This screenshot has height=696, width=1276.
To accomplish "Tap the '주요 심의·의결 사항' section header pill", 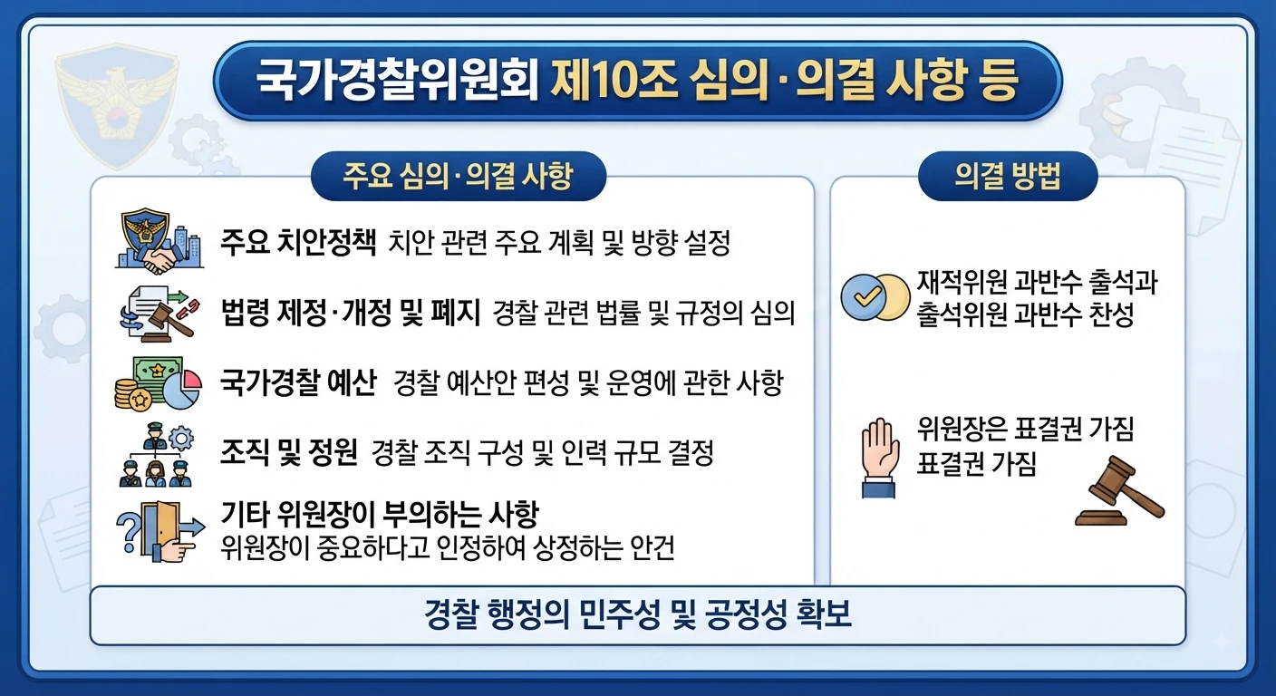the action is click(458, 176).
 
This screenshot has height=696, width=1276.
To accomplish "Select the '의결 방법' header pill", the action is click(1008, 176).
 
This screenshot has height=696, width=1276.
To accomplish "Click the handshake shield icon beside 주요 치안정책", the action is click(159, 241).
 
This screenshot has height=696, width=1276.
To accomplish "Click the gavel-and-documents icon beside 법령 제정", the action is click(159, 314).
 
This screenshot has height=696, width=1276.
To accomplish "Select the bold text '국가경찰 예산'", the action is click(298, 382).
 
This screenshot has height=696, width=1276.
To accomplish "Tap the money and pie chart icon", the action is click(159, 383).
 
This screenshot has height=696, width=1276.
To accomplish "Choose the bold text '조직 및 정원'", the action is click(289, 453).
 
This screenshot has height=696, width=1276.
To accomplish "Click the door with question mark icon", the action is click(160, 531).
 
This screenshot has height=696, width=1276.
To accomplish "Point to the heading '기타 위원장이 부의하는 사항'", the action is click(380, 515).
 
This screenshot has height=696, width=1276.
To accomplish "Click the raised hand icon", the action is click(879, 458).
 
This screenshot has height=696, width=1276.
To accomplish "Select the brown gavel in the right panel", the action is click(1119, 491).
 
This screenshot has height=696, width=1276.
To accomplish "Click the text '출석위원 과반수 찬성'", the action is click(1025, 315).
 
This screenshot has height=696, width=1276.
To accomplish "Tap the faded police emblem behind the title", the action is click(117, 110).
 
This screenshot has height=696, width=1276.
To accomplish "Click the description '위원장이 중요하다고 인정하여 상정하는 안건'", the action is click(447, 548).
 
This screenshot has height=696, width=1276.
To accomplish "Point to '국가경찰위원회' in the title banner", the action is click(397, 81).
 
